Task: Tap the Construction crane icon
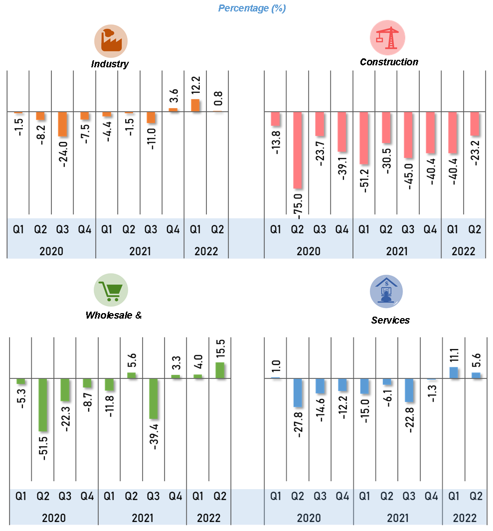pos(387,38)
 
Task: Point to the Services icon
pos(386,292)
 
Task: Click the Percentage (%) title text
pos(252,8)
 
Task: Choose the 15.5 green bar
pos(220,370)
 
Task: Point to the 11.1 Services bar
pos(454,373)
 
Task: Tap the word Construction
pos(389,62)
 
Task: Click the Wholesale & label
pos(114,315)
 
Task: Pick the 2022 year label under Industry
pos(206,251)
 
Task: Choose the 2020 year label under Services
pos(309,518)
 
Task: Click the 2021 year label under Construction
pos(397,251)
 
